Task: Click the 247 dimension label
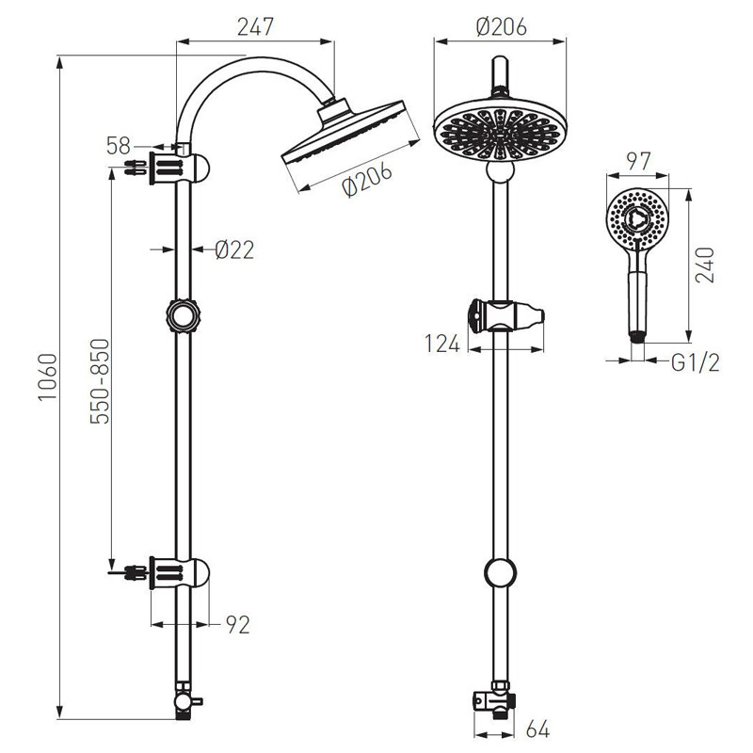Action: [x=255, y=27]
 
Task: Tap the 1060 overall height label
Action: [x=48, y=376]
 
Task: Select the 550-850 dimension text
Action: [x=100, y=381]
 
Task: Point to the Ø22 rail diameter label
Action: [x=233, y=249]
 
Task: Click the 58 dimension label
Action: [x=119, y=146]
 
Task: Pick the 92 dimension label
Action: [x=238, y=625]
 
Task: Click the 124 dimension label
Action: [x=442, y=344]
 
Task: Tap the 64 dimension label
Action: [x=537, y=729]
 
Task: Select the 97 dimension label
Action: [x=639, y=161]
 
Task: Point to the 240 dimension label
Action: [x=705, y=265]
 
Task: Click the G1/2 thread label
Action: [x=696, y=363]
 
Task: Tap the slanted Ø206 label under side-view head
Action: [x=367, y=180]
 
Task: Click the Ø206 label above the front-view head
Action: [x=501, y=27]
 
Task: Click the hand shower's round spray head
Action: [x=637, y=218]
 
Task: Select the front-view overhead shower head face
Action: [x=500, y=132]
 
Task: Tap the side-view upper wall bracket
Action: [x=179, y=168]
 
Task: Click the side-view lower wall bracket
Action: [x=179, y=573]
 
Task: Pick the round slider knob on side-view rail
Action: [x=183, y=316]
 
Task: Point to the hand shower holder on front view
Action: [x=506, y=316]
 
